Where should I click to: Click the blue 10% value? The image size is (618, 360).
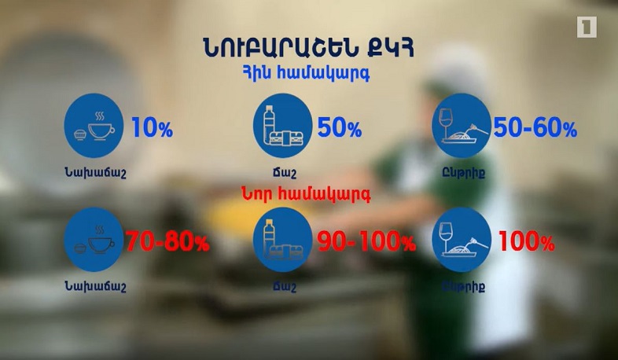click(152, 128)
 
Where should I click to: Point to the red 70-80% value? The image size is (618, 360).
click(168, 242)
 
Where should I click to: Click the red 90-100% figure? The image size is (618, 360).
click(366, 242)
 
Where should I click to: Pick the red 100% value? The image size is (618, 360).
click(526, 242)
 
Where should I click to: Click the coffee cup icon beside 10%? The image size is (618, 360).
click(93, 127)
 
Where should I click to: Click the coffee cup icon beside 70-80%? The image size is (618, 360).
click(93, 241)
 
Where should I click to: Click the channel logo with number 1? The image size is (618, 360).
click(587, 28)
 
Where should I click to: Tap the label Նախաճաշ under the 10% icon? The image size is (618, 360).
click(94, 173)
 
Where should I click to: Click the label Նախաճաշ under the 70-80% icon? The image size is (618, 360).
click(94, 287)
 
